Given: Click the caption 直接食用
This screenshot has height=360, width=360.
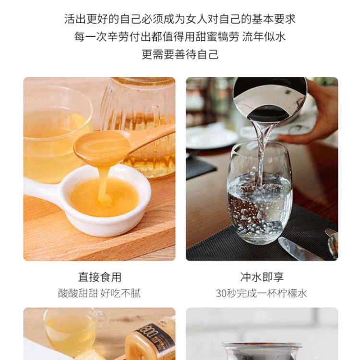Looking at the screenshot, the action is coord(100,277).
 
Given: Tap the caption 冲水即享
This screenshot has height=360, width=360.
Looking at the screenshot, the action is coord(262,277).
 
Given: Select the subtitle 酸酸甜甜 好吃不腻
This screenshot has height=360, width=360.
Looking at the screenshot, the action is coord(99,293).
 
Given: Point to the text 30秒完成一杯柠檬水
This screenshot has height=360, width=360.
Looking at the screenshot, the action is coord(262,293).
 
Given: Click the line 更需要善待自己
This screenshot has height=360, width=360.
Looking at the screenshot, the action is coord(180,54).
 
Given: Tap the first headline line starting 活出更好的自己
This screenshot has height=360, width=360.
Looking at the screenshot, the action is coord(180,19).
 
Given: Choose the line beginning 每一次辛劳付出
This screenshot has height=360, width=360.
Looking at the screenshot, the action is coord(180,37).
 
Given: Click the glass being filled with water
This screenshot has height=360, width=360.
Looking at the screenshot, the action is coord(260,193).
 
